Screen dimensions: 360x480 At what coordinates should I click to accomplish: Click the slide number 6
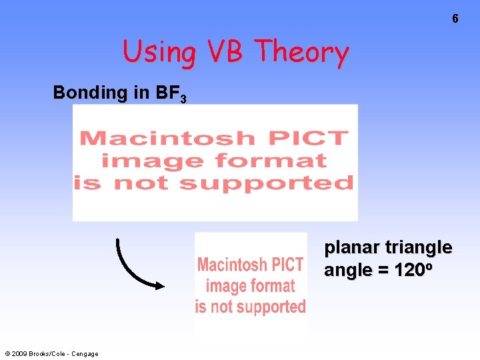click(x=455, y=19)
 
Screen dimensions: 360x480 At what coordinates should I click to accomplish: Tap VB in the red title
click(x=225, y=51)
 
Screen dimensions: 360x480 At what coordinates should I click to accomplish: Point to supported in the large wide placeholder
click(x=266, y=183)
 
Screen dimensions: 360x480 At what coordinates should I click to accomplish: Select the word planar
click(x=351, y=248)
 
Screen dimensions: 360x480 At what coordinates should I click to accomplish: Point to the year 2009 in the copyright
click(x=21, y=354)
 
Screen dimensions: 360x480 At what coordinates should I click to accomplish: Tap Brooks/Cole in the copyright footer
click(x=51, y=354)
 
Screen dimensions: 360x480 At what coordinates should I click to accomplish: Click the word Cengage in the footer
click(x=86, y=354)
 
